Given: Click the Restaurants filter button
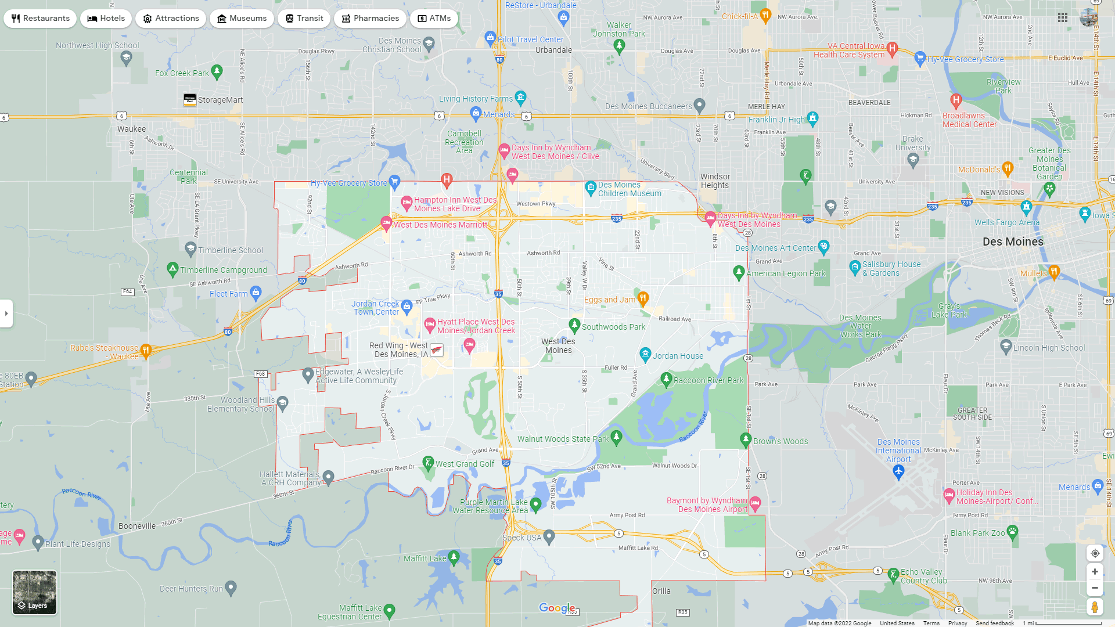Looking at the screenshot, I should click(x=40, y=19).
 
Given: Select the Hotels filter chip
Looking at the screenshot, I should click(x=106, y=19).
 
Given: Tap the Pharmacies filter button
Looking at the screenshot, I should click(x=370, y=19).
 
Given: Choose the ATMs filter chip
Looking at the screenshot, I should click(x=434, y=19).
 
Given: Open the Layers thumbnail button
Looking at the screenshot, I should click(x=35, y=592).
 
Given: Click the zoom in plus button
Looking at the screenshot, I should click(x=1095, y=572).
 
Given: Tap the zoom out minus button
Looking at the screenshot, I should click(x=1095, y=588).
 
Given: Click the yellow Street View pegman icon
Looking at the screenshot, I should click(x=1095, y=607).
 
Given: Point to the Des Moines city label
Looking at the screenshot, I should click(x=1013, y=242).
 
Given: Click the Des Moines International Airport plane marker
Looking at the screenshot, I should click(x=898, y=472).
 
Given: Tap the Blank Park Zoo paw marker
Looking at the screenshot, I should click(x=1013, y=531).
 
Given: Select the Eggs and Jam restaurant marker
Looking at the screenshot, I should click(x=643, y=298).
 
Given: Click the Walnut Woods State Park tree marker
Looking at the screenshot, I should click(x=617, y=437).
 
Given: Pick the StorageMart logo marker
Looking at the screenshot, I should click(x=190, y=99).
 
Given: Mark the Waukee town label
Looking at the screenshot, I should click(x=132, y=129).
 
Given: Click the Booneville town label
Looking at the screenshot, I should click(x=137, y=526).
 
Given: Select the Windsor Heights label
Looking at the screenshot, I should click(x=715, y=181).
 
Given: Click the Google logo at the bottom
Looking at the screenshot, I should click(x=557, y=608).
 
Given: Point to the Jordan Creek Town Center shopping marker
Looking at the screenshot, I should click(x=407, y=305).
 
